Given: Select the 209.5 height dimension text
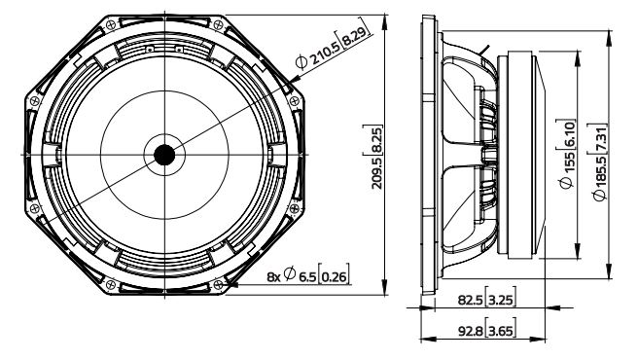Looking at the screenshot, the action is coord(377,173).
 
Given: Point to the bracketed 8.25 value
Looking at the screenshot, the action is coord(377,140).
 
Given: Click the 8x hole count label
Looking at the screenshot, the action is coord(274,277).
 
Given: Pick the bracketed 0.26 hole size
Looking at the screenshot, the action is coord(334,277).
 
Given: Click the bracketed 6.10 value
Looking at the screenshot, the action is coord(568,134).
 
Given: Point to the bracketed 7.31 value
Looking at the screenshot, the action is coord(600,138).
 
